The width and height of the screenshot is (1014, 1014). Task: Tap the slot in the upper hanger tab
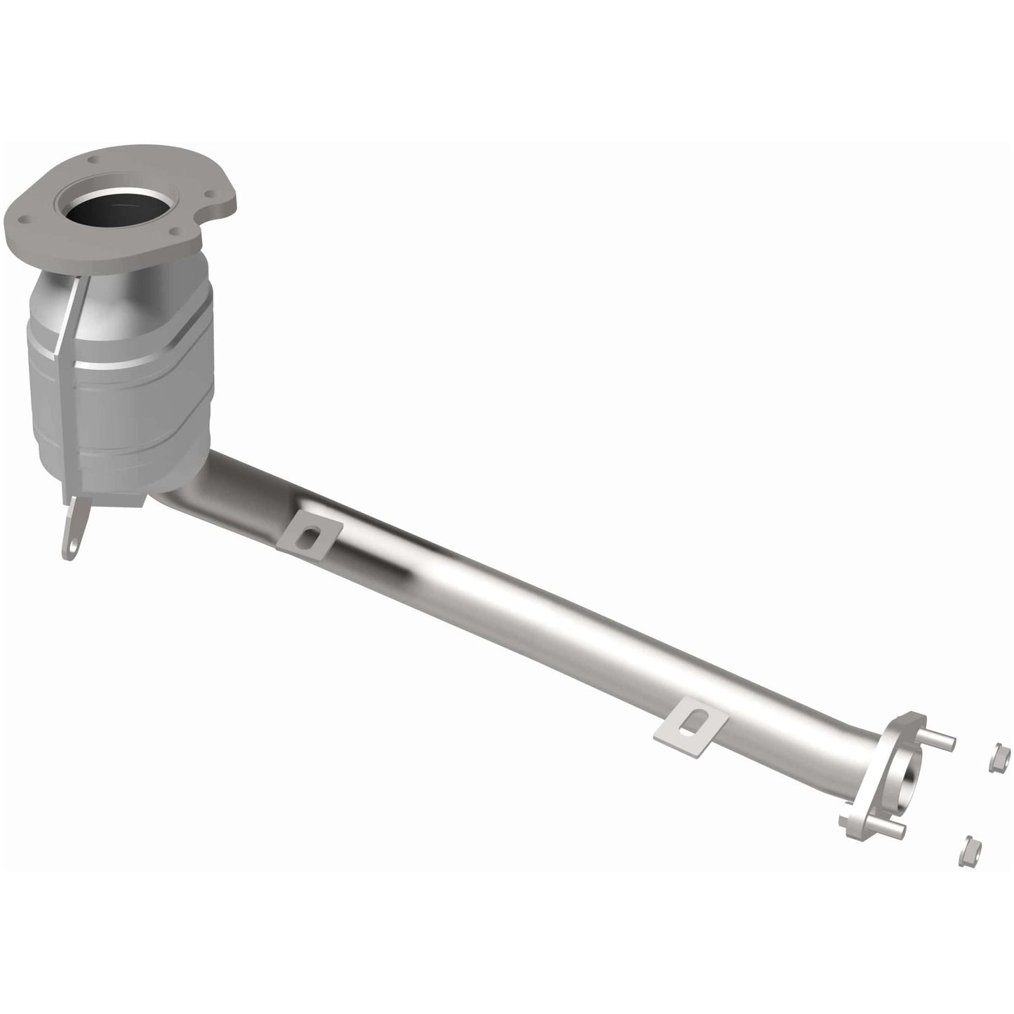(x=307, y=537)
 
